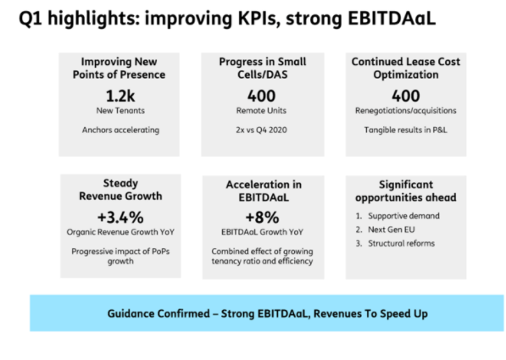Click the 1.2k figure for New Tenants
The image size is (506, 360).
(x=120, y=96)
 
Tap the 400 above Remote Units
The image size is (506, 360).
(x=261, y=96)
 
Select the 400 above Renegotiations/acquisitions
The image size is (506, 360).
(x=406, y=96)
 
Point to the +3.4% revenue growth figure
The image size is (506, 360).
(x=120, y=217)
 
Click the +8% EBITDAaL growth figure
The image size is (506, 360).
(x=262, y=217)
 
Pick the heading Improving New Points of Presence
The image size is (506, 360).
(x=119, y=68)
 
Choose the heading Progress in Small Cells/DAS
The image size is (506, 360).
(x=263, y=68)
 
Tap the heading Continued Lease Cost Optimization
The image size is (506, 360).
(x=406, y=68)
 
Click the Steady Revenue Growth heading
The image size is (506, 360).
(x=120, y=190)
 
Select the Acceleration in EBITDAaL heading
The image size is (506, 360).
(x=264, y=191)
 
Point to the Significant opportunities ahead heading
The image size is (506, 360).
(x=406, y=191)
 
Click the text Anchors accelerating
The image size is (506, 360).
(x=120, y=130)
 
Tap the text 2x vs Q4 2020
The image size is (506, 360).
(x=261, y=130)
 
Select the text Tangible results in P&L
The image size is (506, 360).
(x=406, y=130)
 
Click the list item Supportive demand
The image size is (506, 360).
(x=403, y=216)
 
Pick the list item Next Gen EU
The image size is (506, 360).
(x=392, y=230)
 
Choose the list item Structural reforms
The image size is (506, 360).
(x=402, y=243)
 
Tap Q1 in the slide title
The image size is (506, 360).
(x=31, y=19)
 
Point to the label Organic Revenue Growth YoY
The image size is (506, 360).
(x=120, y=232)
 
